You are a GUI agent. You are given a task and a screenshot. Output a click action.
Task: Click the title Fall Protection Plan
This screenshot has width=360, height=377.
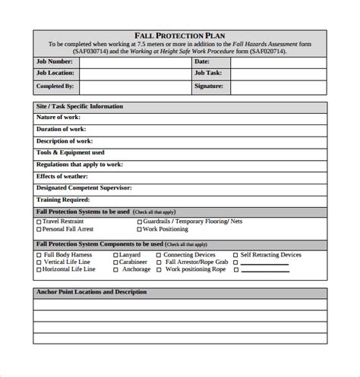click(179, 35)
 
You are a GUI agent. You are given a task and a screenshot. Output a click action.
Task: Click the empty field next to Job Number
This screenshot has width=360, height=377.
click(134, 61)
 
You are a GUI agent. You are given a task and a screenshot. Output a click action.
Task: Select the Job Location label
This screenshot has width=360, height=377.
click(55, 74)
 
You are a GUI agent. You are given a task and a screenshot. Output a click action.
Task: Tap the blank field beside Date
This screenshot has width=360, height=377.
click(278, 61)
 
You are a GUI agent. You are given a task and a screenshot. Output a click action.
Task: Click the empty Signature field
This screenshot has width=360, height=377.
click(278, 86)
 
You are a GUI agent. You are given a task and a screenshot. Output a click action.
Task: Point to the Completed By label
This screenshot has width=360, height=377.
click(55, 86)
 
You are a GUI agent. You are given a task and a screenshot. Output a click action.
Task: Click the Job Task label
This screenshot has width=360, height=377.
click(207, 74)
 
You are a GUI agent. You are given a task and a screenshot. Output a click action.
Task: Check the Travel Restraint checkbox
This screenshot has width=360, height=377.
click(39, 221)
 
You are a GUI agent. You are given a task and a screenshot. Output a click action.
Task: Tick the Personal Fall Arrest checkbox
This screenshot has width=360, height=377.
click(39, 229)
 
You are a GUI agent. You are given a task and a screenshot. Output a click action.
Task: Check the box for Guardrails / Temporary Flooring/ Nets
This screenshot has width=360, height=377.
click(139, 221)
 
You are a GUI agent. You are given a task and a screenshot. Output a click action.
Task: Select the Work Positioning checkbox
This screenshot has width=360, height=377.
click(139, 229)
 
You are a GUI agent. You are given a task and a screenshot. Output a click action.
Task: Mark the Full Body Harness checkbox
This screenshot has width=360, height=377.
click(39, 256)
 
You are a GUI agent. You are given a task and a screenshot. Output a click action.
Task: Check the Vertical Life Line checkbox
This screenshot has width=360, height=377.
click(39, 262)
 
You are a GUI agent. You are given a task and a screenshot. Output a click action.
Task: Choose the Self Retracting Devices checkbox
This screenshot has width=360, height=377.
click(235, 256)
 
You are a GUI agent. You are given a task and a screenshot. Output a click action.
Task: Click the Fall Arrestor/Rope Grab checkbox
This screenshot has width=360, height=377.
click(159, 262)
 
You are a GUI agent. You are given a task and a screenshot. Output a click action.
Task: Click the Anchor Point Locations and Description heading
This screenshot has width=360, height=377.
click(91, 292)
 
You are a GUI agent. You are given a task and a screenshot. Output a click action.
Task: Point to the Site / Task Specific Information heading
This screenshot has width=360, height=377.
click(79, 106)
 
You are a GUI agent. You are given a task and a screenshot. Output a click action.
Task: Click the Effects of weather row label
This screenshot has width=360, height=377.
click(65, 176)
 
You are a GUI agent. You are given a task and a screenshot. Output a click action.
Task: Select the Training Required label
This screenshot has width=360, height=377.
click(63, 199)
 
